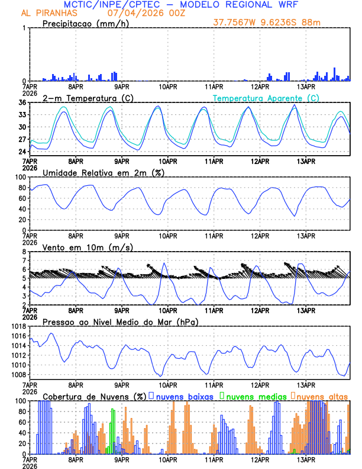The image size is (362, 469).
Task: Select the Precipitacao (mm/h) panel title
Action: pyautogui.click(x=86, y=24)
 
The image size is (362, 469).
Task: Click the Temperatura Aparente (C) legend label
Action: pyautogui.click(x=266, y=98)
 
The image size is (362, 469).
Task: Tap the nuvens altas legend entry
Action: pyautogui.click(x=322, y=396)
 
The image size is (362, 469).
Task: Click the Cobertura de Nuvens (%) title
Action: pyautogui.click(x=94, y=396)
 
